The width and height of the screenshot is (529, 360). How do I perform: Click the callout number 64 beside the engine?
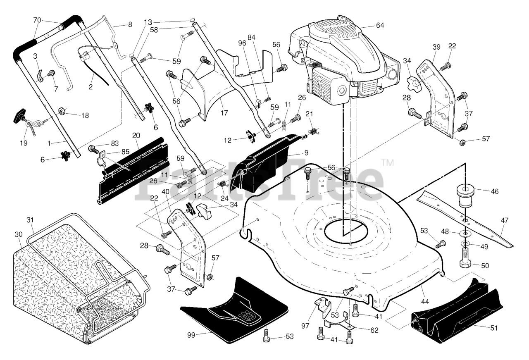[x=380, y=25]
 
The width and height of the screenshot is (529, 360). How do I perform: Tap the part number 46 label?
[x=495, y=191]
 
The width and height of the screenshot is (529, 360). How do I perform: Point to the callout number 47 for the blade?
[x=505, y=221]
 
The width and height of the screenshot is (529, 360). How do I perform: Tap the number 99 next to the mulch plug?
[x=191, y=335]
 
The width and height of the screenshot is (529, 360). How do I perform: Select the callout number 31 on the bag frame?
[x=30, y=220]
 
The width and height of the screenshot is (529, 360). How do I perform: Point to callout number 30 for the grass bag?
[x=19, y=234]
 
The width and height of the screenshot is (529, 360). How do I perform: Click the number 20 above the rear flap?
[x=136, y=136]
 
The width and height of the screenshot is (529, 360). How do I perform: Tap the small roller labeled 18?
[x=62, y=111]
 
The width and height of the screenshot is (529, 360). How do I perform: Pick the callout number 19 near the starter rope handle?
[x=24, y=143]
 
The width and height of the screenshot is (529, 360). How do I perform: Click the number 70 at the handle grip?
[x=37, y=20]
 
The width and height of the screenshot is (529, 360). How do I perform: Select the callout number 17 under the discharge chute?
[x=224, y=113]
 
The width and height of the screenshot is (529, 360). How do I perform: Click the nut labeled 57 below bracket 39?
[x=462, y=143]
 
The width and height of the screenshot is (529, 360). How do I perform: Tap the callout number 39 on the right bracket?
[x=436, y=47]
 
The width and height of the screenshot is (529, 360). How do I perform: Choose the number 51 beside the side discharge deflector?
[x=494, y=328]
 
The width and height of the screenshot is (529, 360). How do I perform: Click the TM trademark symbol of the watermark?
[x=388, y=163]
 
